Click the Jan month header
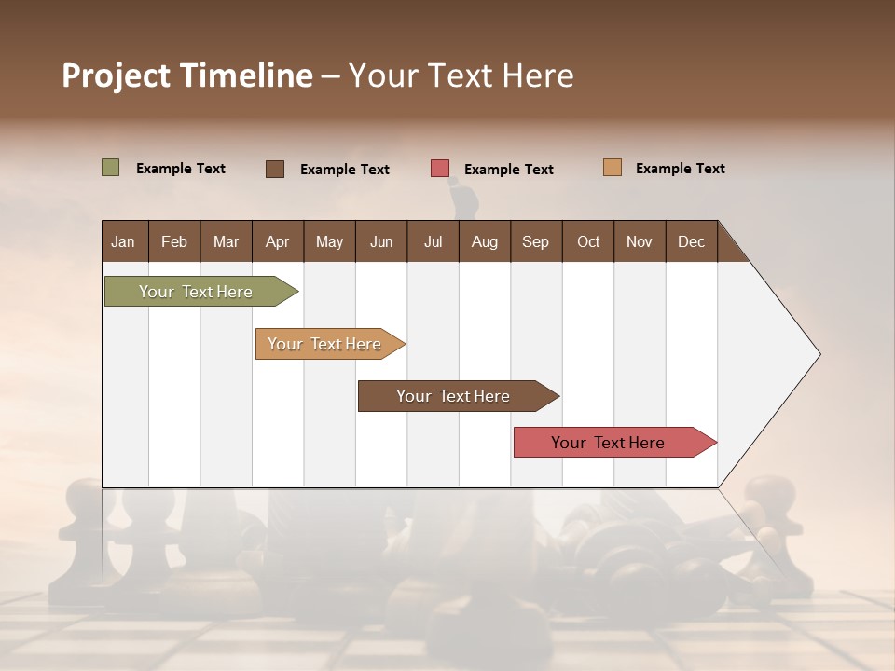(123, 241)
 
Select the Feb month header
(174, 241)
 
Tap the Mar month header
(226, 241)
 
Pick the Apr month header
(277, 241)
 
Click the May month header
(329, 241)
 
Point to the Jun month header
(381, 241)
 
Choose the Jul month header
(433, 241)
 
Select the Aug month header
(484, 241)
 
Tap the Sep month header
(535, 241)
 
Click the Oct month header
(588, 241)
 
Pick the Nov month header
(640, 241)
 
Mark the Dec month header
(691, 241)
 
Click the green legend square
(111, 168)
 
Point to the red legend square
(440, 169)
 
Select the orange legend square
(613, 168)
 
